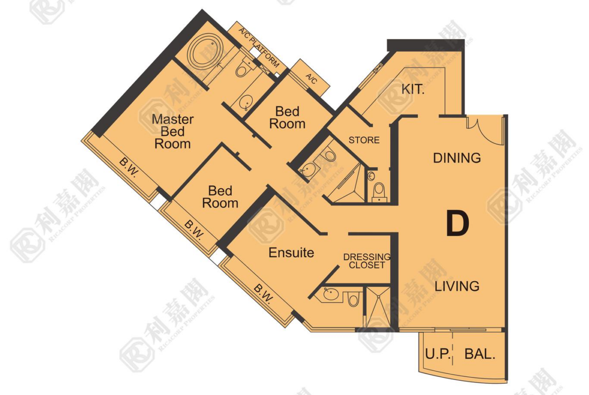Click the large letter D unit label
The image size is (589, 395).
[458, 224]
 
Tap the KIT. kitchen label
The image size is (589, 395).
[413, 90]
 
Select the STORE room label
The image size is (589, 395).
[364, 140]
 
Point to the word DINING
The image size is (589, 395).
[457, 158]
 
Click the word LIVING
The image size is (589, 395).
[457, 286]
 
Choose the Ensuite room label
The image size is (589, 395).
[291, 253]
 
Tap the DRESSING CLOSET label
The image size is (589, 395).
[366, 261]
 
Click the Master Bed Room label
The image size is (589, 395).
[172, 131]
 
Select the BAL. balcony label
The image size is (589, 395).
[480, 354]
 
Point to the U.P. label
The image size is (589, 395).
[438, 354]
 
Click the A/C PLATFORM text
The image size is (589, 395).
[259, 47]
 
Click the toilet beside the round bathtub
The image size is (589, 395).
[245, 67]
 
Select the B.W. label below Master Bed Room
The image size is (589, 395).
[129, 168]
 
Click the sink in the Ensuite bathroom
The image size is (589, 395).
[331, 294]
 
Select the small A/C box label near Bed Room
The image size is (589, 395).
[312, 79]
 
